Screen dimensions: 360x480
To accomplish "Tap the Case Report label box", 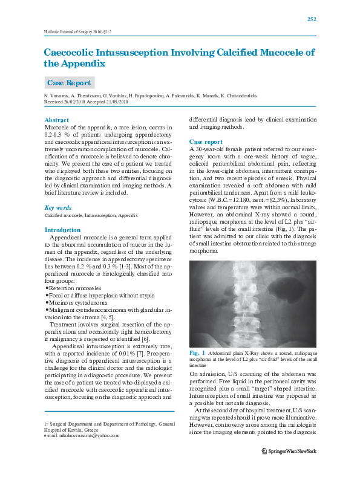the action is pyautogui.click(x=69, y=82).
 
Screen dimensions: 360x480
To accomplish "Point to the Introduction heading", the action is pyautogui.click(x=62, y=230).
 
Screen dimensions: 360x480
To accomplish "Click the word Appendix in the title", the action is pyautogui.click(x=82, y=62).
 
